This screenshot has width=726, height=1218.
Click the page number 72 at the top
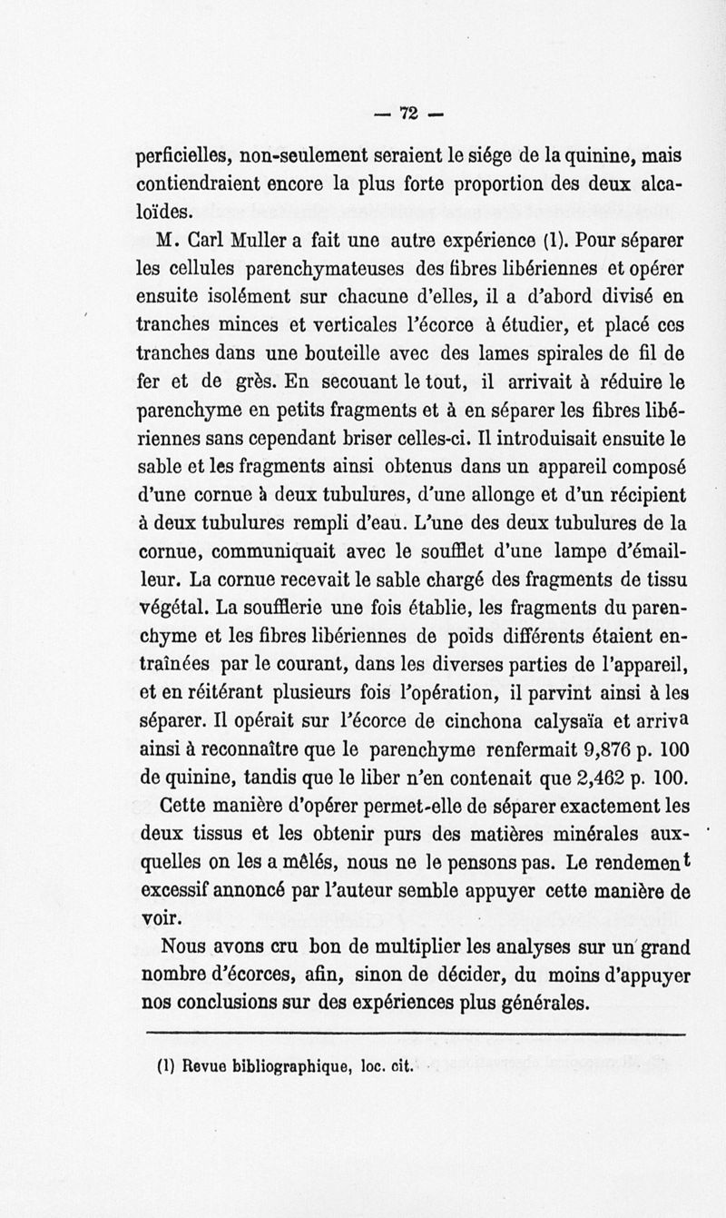tap(407, 113)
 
